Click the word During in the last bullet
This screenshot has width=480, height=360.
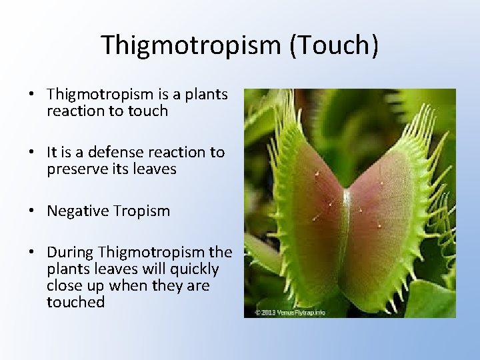[x=70, y=253]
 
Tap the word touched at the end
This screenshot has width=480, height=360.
[x=76, y=302]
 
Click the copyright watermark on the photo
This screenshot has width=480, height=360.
[x=290, y=312]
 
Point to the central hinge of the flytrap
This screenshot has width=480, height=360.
[x=345, y=220]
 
